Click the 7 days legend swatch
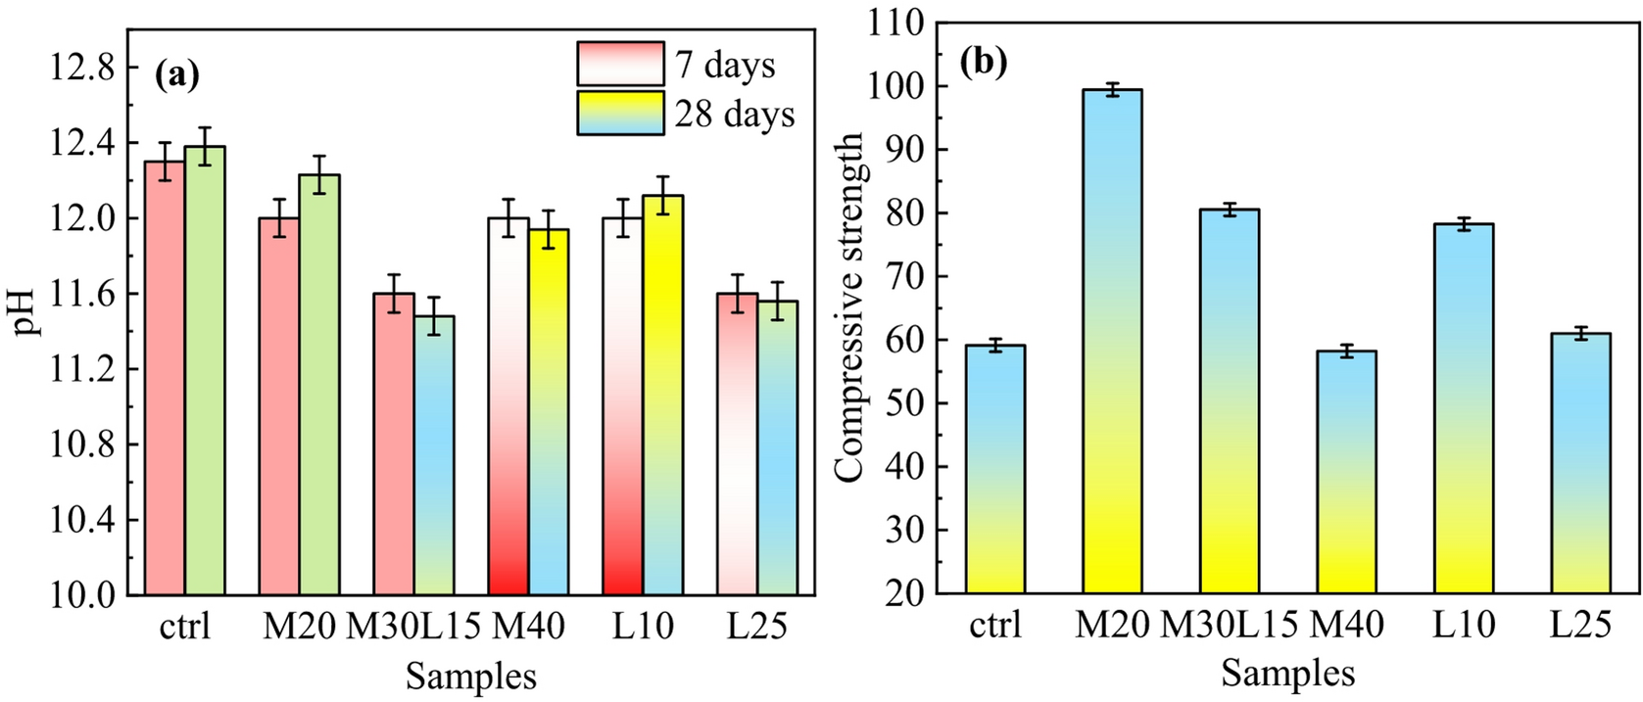pyautogui.click(x=620, y=64)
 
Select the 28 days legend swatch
pyautogui.click(x=620, y=113)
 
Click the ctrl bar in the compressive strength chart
pyautogui.click(x=995, y=469)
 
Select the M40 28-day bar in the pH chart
pyautogui.click(x=549, y=411)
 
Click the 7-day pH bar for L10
pyautogui.click(x=622, y=405)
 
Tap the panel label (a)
pyautogui.click(x=177, y=75)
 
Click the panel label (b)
pyautogui.click(x=983, y=63)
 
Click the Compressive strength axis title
pyautogui.click(x=849, y=306)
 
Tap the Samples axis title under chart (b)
pyautogui.click(x=1287, y=674)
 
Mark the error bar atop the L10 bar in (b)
pyautogui.click(x=1464, y=224)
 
